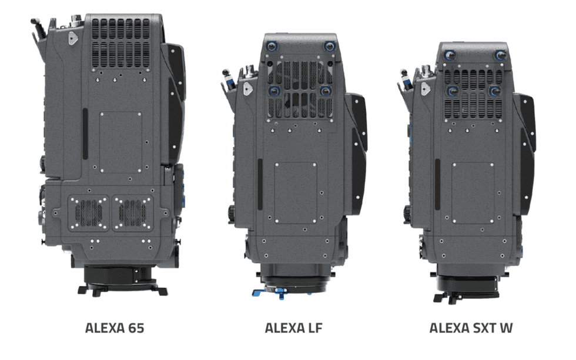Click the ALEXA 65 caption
[x=115, y=328]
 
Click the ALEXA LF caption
[x=293, y=328]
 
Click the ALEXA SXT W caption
[x=471, y=328]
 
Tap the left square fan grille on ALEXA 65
[x=89, y=213]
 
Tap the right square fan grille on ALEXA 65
[x=132, y=213]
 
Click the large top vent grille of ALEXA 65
[x=121, y=44]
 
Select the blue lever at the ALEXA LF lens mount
[x=269, y=293]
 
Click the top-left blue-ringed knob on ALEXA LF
[x=272, y=46]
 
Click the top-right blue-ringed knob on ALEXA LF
[x=329, y=46]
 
